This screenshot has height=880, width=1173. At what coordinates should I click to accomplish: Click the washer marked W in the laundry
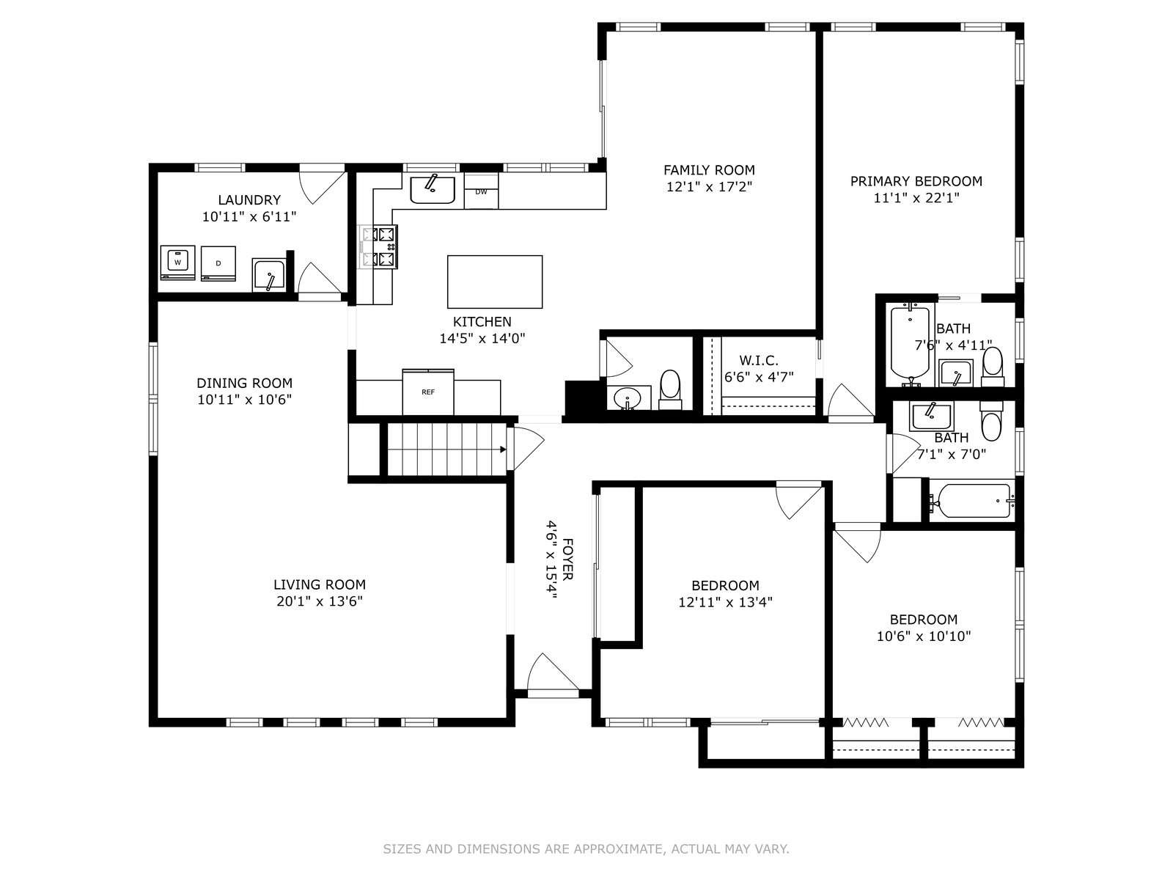tap(177, 263)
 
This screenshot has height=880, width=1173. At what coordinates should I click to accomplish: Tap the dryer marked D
tap(218, 263)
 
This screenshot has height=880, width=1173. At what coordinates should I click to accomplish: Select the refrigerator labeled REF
tap(428, 392)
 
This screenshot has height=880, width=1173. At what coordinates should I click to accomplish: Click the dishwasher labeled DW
tap(481, 191)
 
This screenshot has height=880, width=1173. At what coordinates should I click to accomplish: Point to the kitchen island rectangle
tap(495, 282)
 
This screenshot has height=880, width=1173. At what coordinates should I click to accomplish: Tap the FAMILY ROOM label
tap(709, 170)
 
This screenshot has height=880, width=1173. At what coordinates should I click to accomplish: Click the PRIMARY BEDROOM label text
tap(916, 181)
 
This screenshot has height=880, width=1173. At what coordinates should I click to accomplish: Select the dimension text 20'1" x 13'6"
tap(320, 601)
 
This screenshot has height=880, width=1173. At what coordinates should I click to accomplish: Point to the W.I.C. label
tap(759, 360)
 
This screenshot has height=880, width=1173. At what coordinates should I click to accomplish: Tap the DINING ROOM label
tap(245, 383)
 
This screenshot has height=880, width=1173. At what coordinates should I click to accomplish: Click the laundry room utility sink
tap(269, 274)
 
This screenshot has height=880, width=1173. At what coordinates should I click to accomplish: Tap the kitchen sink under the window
tap(433, 190)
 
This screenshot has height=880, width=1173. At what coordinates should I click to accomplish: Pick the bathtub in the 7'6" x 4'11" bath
tap(910, 343)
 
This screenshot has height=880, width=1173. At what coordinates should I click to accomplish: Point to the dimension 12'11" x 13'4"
tap(725, 602)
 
